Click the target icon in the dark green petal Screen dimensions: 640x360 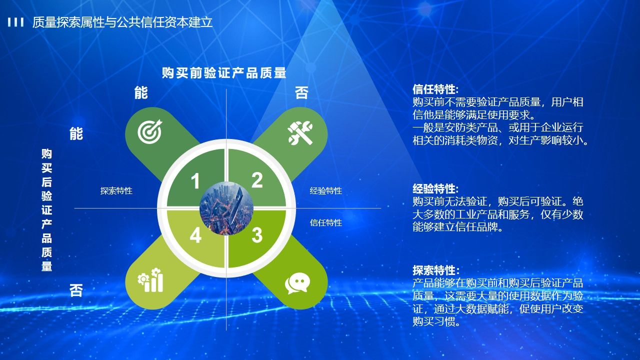[x=149, y=131]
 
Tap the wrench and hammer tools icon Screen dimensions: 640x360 [x=300, y=133]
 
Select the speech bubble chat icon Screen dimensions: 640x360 [x=297, y=283]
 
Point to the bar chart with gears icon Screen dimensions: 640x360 [x=150, y=280]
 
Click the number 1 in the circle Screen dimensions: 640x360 [x=195, y=181]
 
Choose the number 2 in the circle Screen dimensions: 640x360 [x=257, y=180]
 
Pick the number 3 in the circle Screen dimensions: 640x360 [x=257, y=235]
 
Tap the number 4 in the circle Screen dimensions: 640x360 [x=195, y=235]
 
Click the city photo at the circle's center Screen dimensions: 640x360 [x=226, y=208]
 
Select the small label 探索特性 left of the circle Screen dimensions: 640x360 [x=116, y=191]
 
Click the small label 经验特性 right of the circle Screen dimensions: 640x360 [x=325, y=191]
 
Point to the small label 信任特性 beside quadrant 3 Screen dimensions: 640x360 [x=325, y=222]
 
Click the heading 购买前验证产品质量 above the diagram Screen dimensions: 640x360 [x=224, y=73]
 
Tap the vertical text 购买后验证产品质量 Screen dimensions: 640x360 [x=47, y=210]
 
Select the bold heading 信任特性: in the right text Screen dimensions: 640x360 [x=435, y=89]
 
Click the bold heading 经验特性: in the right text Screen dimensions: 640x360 [x=435, y=189]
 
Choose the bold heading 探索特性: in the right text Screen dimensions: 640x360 [x=436, y=270]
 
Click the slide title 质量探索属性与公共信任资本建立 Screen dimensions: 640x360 [x=122, y=22]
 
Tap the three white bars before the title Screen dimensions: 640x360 [x=15, y=22]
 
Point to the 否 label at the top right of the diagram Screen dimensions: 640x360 [x=301, y=93]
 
